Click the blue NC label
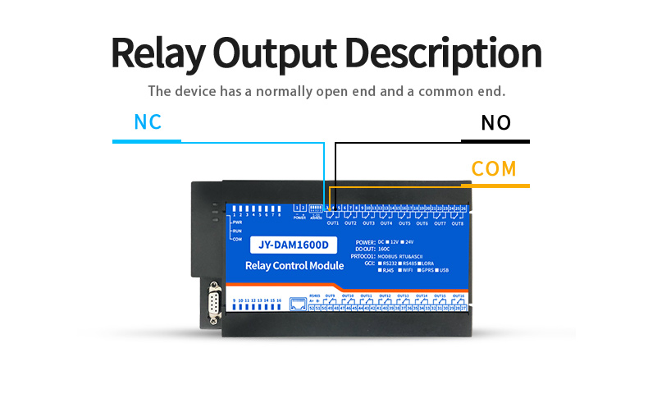(x=148, y=122)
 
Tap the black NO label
(x=495, y=123)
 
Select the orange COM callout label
(x=494, y=169)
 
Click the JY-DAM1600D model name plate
(x=293, y=244)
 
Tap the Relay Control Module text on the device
(x=294, y=266)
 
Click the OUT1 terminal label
(x=333, y=223)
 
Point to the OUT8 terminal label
(x=457, y=223)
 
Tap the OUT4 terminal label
(x=386, y=223)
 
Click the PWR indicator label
(x=237, y=222)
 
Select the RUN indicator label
(x=237, y=231)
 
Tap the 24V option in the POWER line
(x=410, y=242)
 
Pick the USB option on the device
(x=445, y=270)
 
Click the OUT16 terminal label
(x=458, y=296)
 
